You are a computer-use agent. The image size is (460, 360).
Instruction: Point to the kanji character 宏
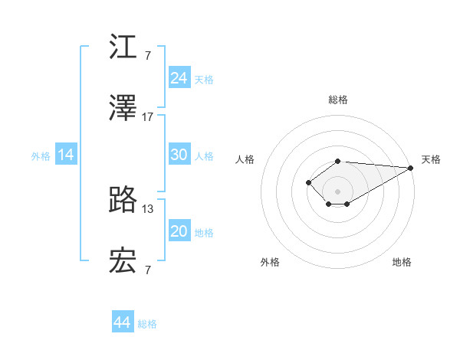click(x=123, y=261)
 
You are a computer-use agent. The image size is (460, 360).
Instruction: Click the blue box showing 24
click(x=179, y=78)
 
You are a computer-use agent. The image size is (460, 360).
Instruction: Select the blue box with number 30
click(x=179, y=155)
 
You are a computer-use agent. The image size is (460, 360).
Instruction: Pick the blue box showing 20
click(x=179, y=231)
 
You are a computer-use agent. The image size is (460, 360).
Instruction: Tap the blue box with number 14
click(x=66, y=155)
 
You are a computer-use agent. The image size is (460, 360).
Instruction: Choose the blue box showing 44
click(x=123, y=322)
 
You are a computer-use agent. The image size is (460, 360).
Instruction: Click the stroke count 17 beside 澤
click(x=148, y=117)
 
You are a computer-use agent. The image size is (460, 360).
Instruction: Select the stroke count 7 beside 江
click(x=148, y=56)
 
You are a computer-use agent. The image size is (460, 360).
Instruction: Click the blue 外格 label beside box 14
click(x=41, y=155)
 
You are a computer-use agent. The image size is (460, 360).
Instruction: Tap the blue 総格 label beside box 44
click(x=147, y=324)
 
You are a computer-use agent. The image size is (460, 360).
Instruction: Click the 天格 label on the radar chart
click(x=431, y=159)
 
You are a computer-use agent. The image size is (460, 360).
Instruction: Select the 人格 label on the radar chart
click(x=245, y=159)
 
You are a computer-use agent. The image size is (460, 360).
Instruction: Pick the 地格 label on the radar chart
click(x=402, y=262)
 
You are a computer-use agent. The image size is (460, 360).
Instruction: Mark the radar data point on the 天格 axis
click(x=410, y=168)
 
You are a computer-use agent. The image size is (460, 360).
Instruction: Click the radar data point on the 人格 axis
click(x=308, y=182)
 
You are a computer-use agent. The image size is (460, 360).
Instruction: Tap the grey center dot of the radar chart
click(x=337, y=191)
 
